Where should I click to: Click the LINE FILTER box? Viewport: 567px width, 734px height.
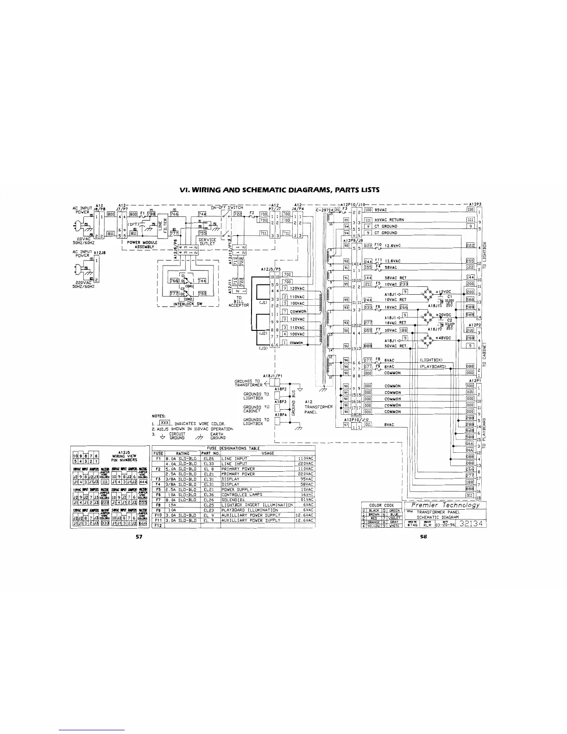[163, 226]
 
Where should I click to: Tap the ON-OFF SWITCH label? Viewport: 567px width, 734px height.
[227, 208]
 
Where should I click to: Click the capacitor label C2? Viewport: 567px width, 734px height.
[449, 320]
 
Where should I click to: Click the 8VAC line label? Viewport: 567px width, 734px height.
[389, 424]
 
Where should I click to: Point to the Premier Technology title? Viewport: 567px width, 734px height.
[446, 505]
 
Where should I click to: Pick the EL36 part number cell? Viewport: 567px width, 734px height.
[208, 494]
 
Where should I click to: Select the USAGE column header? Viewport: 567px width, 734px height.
[268, 453]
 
